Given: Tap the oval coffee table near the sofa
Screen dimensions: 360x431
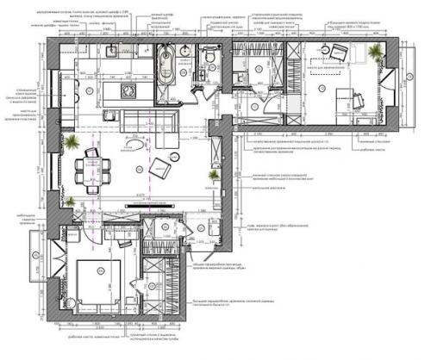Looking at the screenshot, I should tap(132, 149).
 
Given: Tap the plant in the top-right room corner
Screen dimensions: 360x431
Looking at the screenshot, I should tap(373, 53).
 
